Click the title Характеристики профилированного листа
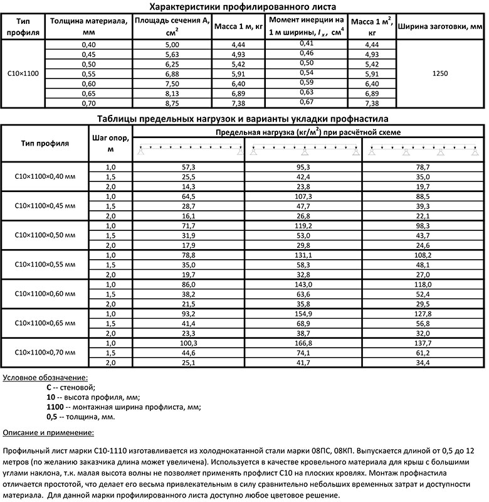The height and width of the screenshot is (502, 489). point(244,7)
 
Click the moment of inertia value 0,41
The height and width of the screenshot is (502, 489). point(306,43)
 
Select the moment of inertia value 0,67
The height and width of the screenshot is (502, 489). point(306,102)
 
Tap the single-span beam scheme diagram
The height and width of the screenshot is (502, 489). point(189,151)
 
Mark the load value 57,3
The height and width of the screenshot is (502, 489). point(189,168)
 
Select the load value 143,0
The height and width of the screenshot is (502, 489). point(303,285)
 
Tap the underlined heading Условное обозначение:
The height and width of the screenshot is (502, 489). point(46,378)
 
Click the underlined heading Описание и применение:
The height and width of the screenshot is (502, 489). point(49,432)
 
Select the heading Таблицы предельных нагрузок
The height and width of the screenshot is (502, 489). point(244,118)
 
